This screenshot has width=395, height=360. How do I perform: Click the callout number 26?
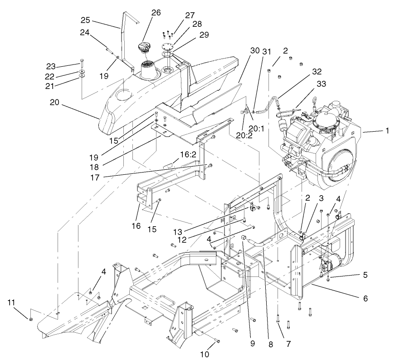156,13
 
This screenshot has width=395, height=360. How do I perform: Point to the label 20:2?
245,135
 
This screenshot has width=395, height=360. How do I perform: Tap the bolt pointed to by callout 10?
217,340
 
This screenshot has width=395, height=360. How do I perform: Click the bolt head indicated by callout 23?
82,60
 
